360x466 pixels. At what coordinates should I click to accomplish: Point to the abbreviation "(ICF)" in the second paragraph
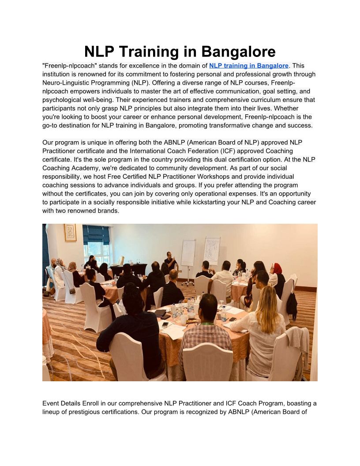coord(228,151)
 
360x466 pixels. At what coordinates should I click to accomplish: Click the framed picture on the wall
coord(70,233)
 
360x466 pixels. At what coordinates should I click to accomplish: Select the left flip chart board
coord(188,252)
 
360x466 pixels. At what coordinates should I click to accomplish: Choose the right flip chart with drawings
coord(211,250)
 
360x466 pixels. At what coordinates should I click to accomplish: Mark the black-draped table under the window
coord(129,269)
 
